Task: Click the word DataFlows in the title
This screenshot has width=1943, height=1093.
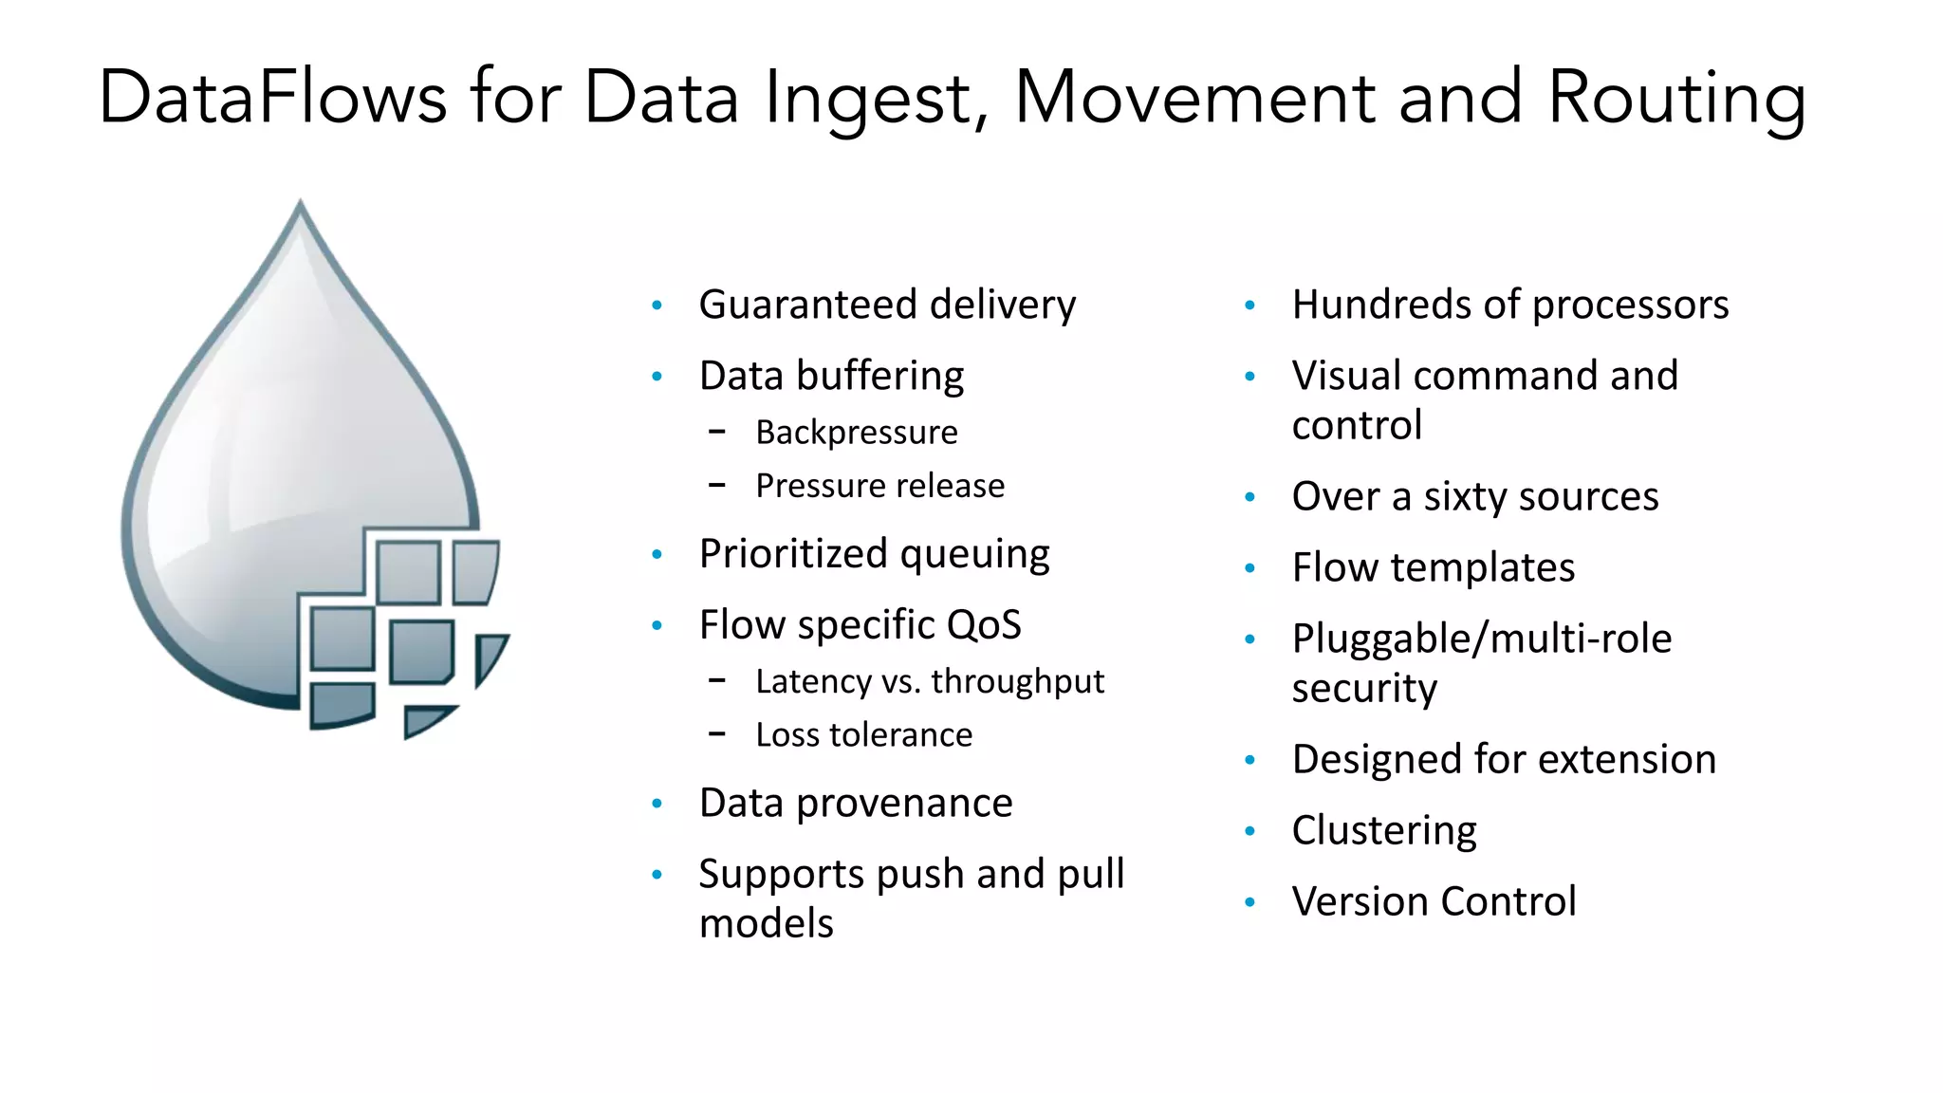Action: coord(272,98)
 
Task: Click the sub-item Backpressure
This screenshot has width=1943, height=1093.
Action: coord(856,433)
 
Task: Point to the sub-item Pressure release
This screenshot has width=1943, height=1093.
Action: coord(879,486)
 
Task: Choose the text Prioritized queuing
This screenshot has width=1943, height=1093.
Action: coord(874,554)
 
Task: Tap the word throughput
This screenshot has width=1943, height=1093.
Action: coord(1017,681)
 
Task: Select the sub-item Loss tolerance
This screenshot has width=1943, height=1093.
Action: coord(863,735)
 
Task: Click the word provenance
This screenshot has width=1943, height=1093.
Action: coord(904,804)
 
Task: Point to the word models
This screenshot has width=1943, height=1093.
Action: coord(766,923)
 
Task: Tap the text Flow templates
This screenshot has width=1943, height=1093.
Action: coord(1433,568)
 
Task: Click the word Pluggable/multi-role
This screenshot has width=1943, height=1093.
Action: coord(1481,639)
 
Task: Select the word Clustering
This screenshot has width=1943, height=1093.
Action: coord(1383,831)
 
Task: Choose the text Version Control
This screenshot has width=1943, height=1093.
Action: coord(1433,901)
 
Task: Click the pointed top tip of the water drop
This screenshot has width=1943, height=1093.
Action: coord(301,202)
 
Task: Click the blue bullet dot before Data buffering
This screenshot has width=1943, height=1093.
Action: coord(657,377)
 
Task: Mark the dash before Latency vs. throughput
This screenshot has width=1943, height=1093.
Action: coord(717,680)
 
